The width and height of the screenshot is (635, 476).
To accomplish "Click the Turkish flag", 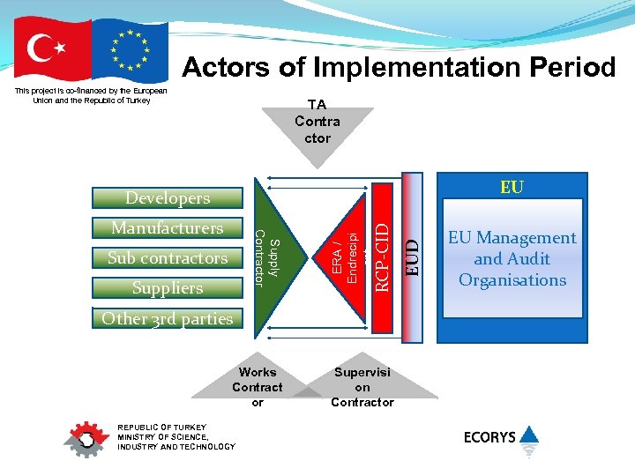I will (x=53, y=50).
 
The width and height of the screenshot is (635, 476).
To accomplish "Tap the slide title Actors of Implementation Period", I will (x=399, y=67).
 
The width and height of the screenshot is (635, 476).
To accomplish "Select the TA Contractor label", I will (x=317, y=122).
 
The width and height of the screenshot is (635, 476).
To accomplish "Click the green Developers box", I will (x=168, y=198).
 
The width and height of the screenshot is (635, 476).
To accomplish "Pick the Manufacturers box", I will (x=168, y=228).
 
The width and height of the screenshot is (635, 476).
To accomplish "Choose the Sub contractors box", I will (x=168, y=258).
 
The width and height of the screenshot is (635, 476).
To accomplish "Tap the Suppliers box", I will (x=168, y=288).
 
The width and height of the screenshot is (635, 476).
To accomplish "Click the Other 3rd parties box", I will (x=168, y=319).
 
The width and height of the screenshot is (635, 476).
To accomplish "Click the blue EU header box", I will (x=512, y=187).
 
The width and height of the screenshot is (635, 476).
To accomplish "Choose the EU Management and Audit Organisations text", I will (x=512, y=259).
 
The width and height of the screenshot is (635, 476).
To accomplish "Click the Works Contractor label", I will (x=258, y=387).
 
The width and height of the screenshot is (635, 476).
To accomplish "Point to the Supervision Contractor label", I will (x=362, y=387).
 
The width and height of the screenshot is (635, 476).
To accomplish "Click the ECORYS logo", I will (x=501, y=437).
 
